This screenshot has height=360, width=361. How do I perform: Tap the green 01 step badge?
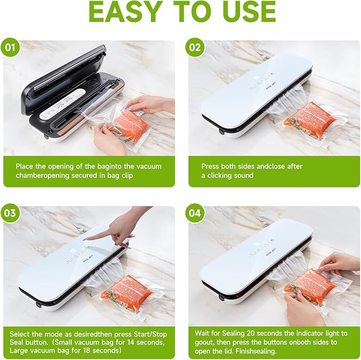coord(10,48)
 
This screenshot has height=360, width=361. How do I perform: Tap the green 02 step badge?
coord(195,48)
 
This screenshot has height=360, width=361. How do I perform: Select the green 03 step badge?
coord(10,213)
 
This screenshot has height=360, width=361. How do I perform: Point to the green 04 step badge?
coord(195,213)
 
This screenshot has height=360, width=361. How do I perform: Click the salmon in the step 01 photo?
coord(130,127)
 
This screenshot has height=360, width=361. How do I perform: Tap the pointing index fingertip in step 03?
coord(89,239)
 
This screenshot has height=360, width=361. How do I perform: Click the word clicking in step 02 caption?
coord(223,176)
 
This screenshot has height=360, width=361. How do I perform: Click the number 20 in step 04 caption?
coord(251,333)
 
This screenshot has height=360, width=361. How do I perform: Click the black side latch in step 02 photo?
coord(221,132)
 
